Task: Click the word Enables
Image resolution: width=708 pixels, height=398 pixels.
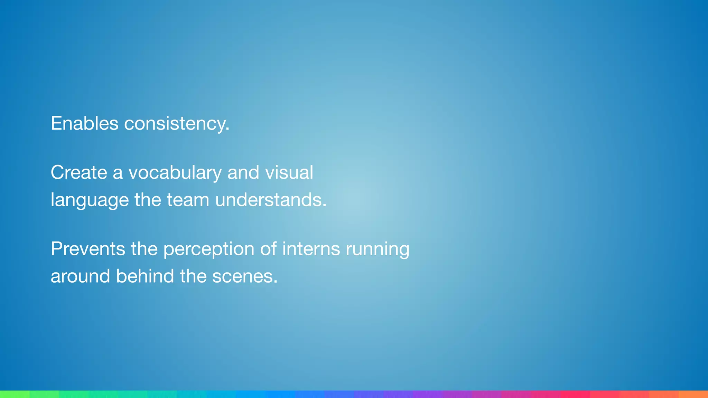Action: [84, 123]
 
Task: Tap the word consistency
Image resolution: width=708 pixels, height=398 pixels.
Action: [175, 124]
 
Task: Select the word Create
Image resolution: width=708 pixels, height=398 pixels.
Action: [79, 172]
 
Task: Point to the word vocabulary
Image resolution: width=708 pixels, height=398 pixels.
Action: [175, 173]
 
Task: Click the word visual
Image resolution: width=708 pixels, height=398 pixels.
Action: [289, 172]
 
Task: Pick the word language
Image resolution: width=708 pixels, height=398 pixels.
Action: [90, 200]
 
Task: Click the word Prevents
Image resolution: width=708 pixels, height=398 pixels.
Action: [88, 249]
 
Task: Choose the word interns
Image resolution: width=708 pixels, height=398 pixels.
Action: [311, 249]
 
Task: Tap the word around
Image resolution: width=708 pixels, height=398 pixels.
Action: [80, 276]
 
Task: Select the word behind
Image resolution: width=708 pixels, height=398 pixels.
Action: [145, 276]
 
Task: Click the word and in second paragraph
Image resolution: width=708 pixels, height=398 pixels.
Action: [243, 172]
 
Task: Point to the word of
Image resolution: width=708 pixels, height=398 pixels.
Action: [268, 249]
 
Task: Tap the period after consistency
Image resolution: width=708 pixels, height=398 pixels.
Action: [227, 130]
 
